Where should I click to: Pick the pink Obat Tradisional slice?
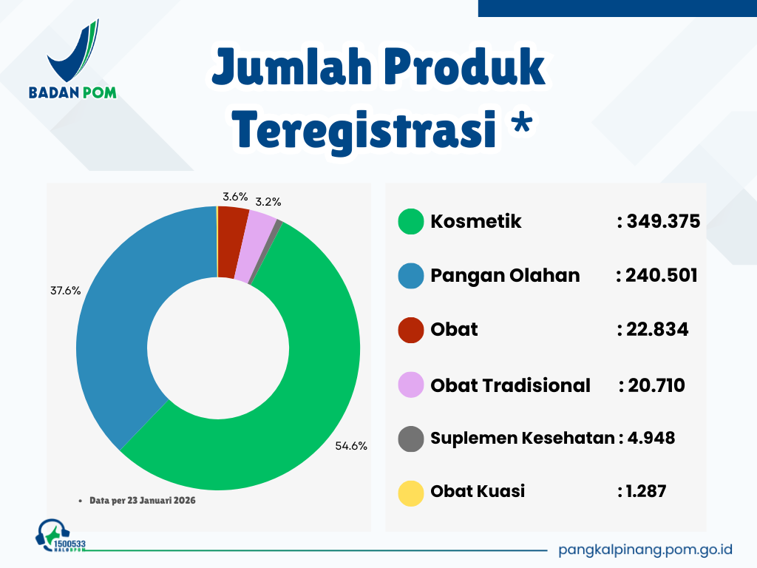254,247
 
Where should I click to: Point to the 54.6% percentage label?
351,446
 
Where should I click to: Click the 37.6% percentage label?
66,291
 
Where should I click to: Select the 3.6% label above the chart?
235,197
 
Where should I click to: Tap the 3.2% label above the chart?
268,202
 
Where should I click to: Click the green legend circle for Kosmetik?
411,221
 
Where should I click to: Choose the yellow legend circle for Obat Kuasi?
411,493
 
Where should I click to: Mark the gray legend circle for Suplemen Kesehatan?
411,439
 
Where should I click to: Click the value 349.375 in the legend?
663,221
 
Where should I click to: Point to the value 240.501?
662,275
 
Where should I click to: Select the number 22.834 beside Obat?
657,329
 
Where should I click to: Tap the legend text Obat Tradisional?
510,385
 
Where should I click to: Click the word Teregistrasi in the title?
365,130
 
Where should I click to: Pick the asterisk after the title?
522,121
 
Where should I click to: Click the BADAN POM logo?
73,59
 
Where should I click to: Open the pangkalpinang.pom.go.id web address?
645,550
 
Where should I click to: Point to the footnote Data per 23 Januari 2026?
143,501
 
